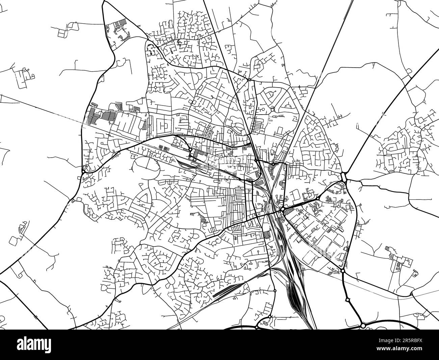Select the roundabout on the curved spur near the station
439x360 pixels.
click(190, 149)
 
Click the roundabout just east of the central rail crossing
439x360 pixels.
click(282, 209)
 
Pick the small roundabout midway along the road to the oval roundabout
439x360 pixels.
click(318, 198)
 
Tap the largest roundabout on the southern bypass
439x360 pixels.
click(363, 326)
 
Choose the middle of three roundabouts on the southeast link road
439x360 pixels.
click(347, 299)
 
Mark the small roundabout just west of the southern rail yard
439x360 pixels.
click(275, 290)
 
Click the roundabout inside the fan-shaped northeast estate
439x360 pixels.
click(272, 110)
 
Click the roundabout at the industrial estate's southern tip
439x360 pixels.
click(342, 271)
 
